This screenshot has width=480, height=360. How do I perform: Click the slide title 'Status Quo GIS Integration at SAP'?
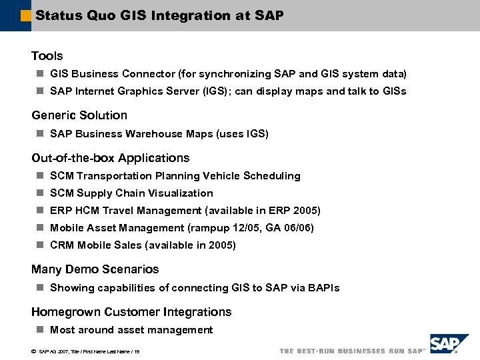(x=159, y=15)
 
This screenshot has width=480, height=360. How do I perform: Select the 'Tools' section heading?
(x=47, y=56)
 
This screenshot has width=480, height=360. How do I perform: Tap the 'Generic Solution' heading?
(x=79, y=115)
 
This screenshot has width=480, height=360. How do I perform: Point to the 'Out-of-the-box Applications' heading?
(x=111, y=158)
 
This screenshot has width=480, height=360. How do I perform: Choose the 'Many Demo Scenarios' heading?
(x=95, y=269)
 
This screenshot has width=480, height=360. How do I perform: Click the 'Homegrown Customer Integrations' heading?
(x=131, y=312)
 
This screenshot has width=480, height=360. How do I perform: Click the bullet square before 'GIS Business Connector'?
(x=40, y=74)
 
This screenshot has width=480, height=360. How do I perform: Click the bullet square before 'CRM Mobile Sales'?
(x=40, y=245)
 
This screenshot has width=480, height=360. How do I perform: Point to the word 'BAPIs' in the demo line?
(x=323, y=288)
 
